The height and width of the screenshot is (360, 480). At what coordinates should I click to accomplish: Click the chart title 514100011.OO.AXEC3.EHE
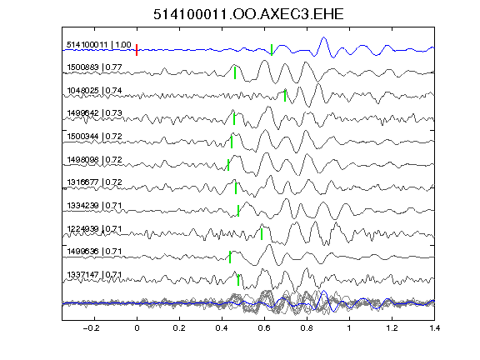[x=248, y=14]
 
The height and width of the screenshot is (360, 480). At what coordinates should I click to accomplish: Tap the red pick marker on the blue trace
[x=137, y=50]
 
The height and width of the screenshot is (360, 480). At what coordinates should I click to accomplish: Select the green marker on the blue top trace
[x=272, y=50]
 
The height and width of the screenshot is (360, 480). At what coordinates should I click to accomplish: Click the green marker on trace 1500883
[x=235, y=73]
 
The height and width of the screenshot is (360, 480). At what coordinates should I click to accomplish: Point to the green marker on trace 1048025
[x=285, y=96]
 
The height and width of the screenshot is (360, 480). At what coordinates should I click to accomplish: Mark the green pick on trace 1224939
[x=262, y=234]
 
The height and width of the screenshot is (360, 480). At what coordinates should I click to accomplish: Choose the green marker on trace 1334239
[x=238, y=211]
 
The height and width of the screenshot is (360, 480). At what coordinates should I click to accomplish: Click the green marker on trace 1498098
[x=228, y=165]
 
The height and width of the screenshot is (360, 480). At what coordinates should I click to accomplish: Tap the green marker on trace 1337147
[x=238, y=280]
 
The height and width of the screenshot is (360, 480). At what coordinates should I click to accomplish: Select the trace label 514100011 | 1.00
[x=99, y=45]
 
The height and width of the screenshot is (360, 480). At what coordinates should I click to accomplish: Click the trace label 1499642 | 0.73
[x=95, y=113]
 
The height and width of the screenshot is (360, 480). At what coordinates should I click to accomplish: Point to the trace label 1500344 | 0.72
[x=95, y=136]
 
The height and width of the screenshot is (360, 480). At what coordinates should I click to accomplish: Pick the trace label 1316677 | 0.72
[x=95, y=182]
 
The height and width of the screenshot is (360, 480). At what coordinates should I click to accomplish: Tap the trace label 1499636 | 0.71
[x=95, y=252]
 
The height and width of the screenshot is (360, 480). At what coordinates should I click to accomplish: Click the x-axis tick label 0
[x=137, y=328]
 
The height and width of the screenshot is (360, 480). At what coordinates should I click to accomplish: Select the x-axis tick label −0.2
[x=91, y=328]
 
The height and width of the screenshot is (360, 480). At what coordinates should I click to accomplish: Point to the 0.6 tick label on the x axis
[x=264, y=328]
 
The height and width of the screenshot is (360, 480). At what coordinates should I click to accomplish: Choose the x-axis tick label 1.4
[x=434, y=328]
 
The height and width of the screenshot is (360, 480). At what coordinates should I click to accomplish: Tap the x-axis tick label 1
[x=349, y=328]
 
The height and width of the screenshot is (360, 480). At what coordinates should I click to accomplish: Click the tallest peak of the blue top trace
[x=324, y=37]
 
